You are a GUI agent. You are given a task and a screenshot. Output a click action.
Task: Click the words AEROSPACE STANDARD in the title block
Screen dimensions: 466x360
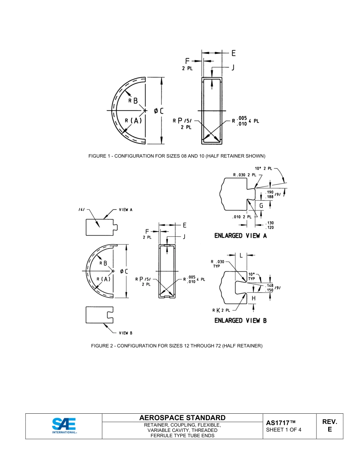pos(182,418)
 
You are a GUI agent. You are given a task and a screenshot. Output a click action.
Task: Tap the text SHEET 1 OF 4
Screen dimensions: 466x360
pos(283,430)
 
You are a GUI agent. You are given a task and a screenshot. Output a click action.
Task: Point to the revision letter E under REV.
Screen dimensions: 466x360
pos(329,430)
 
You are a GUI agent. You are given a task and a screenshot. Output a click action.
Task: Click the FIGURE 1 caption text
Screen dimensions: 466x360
pos(177,156)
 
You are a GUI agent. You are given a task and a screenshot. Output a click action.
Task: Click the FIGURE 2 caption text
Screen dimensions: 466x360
pos(177,346)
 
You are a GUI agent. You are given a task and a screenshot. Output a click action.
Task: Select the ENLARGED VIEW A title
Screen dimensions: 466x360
pos(241,236)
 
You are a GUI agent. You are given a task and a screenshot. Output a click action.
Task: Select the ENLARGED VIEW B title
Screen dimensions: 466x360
pos(241,321)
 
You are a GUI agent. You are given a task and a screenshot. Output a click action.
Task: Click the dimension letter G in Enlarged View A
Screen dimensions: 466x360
pos(261,206)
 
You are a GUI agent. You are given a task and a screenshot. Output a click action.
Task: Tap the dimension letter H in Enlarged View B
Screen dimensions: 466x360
pos(254,298)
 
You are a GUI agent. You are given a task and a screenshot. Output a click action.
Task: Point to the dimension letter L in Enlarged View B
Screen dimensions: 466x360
pos(241,255)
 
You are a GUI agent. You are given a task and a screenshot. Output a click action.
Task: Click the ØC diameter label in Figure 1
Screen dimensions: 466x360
pos(158,111)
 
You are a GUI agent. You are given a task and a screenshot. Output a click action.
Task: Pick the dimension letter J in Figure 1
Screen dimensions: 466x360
pos(233,67)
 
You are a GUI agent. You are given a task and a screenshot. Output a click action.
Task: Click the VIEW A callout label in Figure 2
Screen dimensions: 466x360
pos(125,210)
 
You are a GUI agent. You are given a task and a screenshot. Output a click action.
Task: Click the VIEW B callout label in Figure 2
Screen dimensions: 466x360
pos(125,333)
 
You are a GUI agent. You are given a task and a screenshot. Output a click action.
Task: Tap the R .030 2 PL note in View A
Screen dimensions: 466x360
pos(244,175)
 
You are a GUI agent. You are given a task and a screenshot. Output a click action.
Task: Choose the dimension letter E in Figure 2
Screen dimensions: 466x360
pos(185,225)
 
